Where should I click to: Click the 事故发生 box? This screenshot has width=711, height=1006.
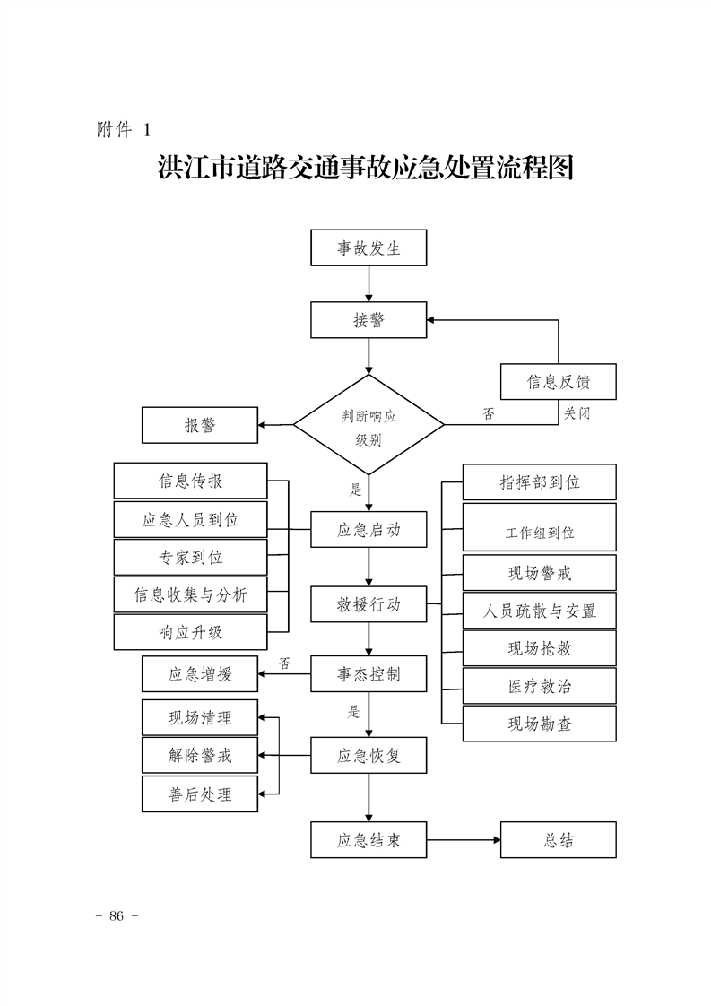(369, 248)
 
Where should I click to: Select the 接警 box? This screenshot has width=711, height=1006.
(369, 320)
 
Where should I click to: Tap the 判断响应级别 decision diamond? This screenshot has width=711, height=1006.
(369, 425)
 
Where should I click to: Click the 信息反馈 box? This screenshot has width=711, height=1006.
(558, 383)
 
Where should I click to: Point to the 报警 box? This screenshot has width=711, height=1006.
(200, 425)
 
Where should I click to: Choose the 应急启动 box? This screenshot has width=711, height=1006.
(369, 529)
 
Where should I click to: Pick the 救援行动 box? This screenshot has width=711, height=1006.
(369, 604)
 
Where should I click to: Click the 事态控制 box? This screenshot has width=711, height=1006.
(369, 673)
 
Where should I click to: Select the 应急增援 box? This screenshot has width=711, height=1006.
(200, 674)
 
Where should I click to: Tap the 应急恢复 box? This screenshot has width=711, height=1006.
(369, 755)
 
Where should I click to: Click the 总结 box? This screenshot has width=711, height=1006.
(558, 840)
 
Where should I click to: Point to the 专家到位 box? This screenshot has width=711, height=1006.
(190, 557)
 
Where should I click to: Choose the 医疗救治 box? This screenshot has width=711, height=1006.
(539, 686)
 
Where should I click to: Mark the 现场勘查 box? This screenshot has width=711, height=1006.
(539, 724)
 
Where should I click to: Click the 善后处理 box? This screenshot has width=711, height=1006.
(200, 794)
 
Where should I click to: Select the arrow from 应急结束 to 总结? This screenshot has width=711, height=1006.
(463, 840)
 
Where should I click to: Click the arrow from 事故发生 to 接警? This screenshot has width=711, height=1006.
(369, 283)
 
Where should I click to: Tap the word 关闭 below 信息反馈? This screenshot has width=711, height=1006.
(577, 413)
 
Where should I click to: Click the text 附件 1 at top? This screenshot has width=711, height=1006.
(123, 129)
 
